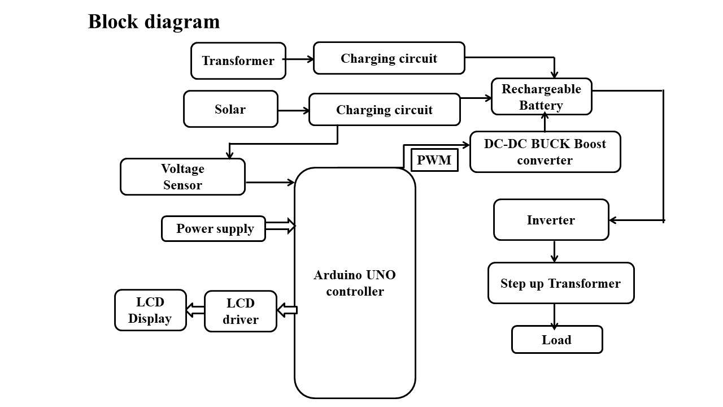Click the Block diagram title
click(x=154, y=22)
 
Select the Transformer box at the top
click(x=238, y=60)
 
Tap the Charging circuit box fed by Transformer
click(x=389, y=58)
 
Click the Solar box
click(x=230, y=109)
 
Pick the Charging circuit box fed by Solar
click(x=385, y=110)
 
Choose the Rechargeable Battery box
click(x=541, y=97)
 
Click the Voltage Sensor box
click(x=182, y=176)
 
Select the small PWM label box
click(x=434, y=160)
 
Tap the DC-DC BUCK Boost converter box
click(x=545, y=151)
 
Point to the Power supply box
click(x=214, y=228)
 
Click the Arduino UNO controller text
click(x=355, y=283)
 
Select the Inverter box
click(x=551, y=220)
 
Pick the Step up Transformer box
click(x=560, y=283)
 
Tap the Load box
click(x=557, y=340)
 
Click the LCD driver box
click(x=241, y=311)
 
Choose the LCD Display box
click(x=150, y=310)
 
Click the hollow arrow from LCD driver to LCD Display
click(x=195, y=310)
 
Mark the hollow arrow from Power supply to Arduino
click(x=280, y=226)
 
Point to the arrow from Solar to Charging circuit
click(x=293, y=110)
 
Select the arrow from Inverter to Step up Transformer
click(x=554, y=251)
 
